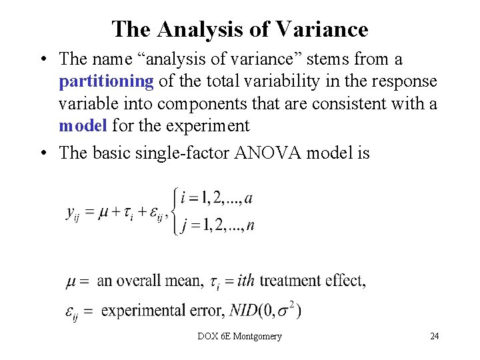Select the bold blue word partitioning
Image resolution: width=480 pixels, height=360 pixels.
pos(107,81)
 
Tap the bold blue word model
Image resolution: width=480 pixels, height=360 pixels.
pos(83,125)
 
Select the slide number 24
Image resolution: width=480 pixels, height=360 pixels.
pos(434,336)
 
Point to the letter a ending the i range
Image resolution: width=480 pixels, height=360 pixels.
pos(249,198)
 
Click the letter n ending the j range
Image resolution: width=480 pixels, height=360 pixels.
pos(249,225)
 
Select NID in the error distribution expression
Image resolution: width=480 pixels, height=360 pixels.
pos(243,310)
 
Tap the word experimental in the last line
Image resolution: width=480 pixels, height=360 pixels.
pos(140,310)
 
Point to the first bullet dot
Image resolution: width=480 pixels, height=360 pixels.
pos(42,59)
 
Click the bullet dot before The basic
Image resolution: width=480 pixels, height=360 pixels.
pos(42,153)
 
